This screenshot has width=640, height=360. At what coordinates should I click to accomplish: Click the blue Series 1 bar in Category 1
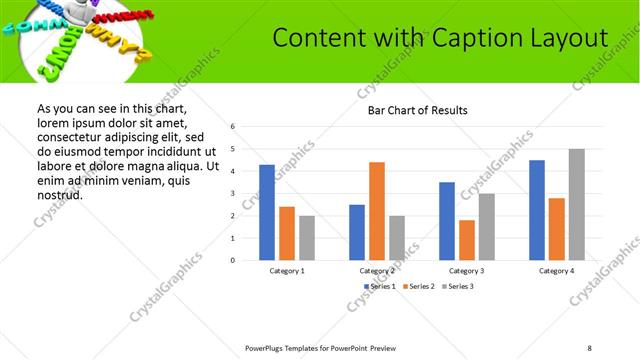click(267, 212)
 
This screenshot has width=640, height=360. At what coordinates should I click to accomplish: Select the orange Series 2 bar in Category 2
click(377, 211)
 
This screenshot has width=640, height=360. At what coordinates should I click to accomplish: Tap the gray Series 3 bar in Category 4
click(577, 204)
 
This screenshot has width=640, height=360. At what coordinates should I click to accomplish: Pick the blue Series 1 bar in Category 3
click(447, 221)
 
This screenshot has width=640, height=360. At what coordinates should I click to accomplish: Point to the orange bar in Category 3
click(467, 240)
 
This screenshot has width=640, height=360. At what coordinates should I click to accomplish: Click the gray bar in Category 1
click(307, 238)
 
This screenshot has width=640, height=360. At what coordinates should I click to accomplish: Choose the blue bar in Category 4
click(537, 210)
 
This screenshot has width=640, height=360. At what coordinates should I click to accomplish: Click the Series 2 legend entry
click(418, 287)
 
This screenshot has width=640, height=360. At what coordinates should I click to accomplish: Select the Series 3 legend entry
click(456, 287)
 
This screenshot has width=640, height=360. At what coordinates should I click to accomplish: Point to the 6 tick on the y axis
click(232, 127)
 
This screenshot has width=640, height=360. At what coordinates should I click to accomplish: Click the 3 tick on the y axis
click(232, 193)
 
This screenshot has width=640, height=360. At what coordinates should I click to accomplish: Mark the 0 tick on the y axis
click(232, 260)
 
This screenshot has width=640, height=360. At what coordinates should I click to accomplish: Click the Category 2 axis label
click(377, 271)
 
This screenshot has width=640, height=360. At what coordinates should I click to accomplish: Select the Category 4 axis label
click(557, 271)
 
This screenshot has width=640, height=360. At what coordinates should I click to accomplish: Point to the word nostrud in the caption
click(60, 195)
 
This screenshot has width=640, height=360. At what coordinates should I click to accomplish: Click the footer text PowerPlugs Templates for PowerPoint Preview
click(320, 348)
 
